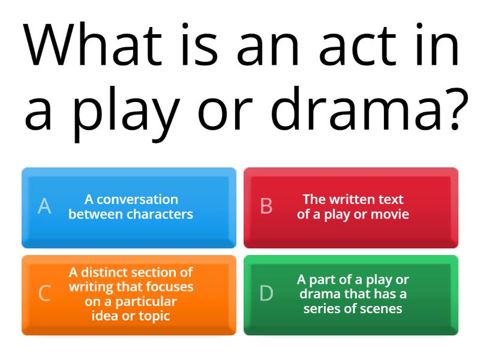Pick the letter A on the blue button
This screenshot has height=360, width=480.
point(44,206)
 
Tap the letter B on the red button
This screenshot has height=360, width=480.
point(266,206)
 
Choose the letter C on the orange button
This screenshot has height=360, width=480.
point(44,294)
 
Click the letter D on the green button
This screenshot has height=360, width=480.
point(266,294)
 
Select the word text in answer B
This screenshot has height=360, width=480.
point(391,199)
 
